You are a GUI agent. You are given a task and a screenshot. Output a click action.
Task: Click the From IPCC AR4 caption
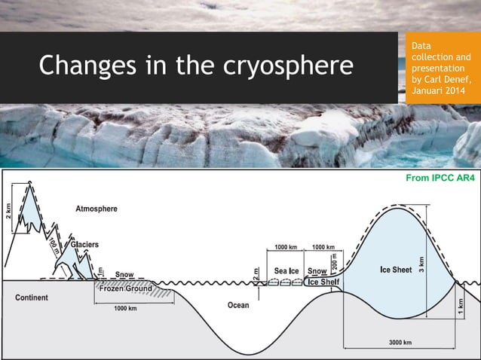pyautogui.click(x=440, y=178)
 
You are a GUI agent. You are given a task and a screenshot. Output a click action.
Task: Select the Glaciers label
pyautogui.click(x=84, y=245)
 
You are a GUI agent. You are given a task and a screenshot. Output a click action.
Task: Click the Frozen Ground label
pyautogui.click(x=126, y=288)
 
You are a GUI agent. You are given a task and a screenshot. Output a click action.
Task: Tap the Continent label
pyautogui.click(x=32, y=297)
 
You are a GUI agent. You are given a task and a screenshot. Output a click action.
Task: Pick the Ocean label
pyautogui.click(x=244, y=306)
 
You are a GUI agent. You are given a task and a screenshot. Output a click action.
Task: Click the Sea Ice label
pyautogui.click(x=287, y=270)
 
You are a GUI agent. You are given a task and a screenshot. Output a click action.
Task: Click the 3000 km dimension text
pyautogui.click(x=400, y=343)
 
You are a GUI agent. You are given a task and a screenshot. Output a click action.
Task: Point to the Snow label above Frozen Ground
pyautogui.click(x=125, y=274)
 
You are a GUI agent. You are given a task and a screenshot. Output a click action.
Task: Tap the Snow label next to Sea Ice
pyautogui.click(x=317, y=270)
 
